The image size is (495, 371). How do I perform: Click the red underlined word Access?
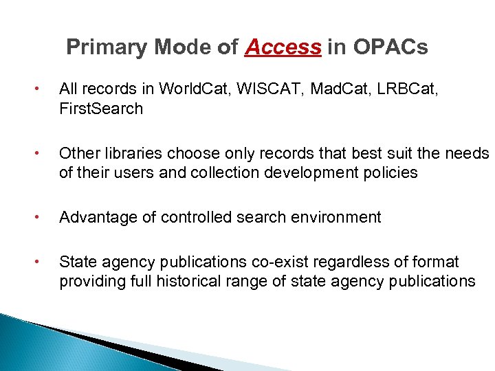point(283,47)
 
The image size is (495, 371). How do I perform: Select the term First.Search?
point(101,109)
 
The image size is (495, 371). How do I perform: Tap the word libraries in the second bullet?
point(129,153)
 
